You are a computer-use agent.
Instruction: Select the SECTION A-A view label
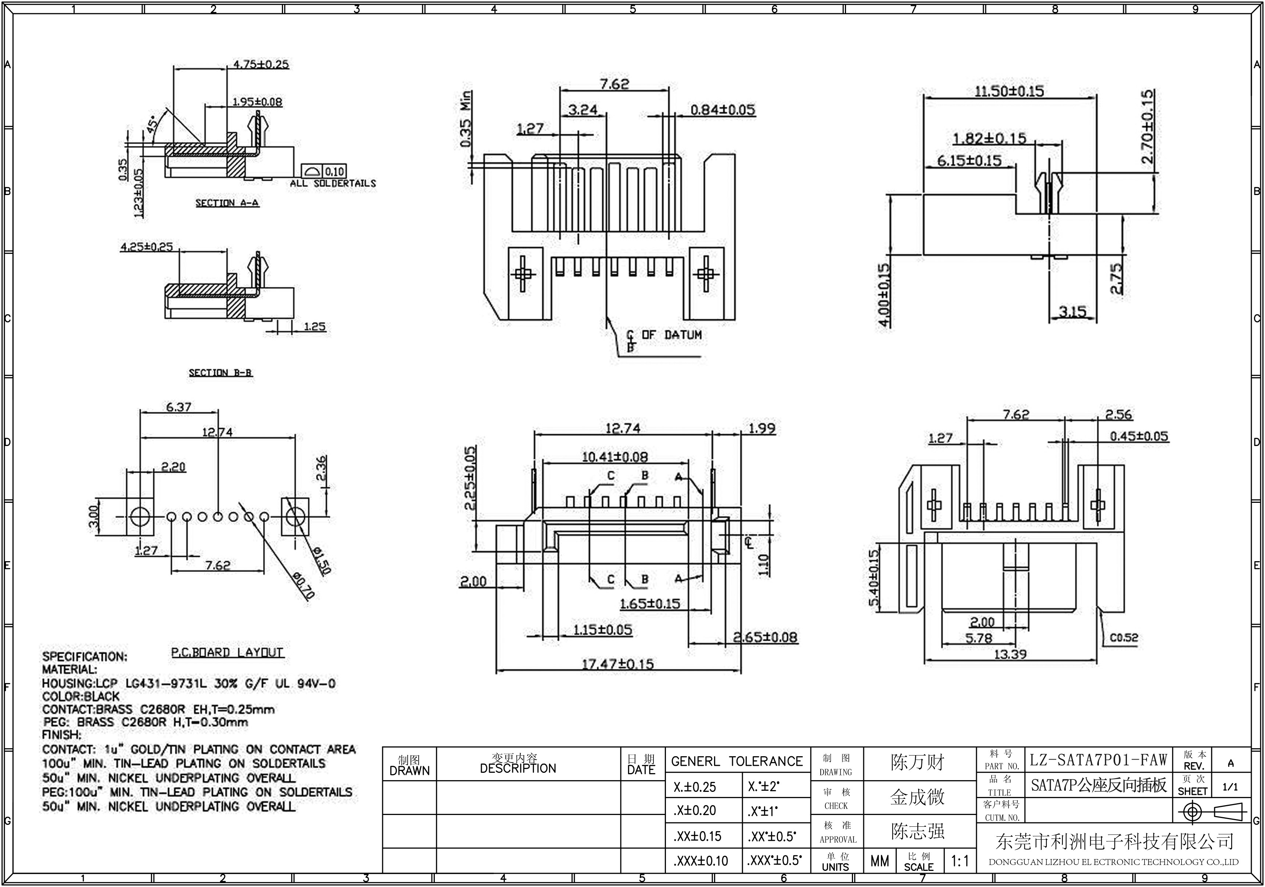click(x=227, y=203)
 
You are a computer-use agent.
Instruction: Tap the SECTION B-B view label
click(x=221, y=373)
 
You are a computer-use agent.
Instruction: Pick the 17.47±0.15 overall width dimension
click(x=618, y=664)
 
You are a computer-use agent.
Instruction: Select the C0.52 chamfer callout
click(x=1124, y=638)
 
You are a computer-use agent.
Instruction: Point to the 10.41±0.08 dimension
click(x=615, y=457)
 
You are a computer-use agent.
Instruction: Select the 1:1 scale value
click(x=960, y=861)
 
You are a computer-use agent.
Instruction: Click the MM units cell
click(x=879, y=861)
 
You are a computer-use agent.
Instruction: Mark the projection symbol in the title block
click(x=1212, y=812)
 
